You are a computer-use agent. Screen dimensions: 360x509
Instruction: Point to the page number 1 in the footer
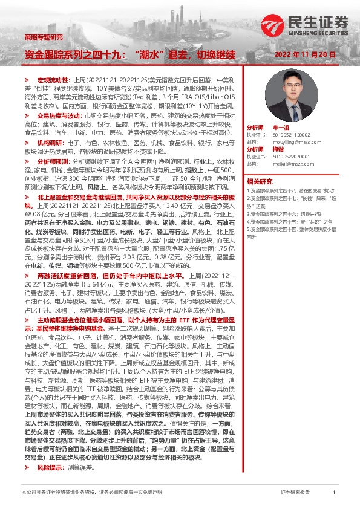[x=334, y=493]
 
